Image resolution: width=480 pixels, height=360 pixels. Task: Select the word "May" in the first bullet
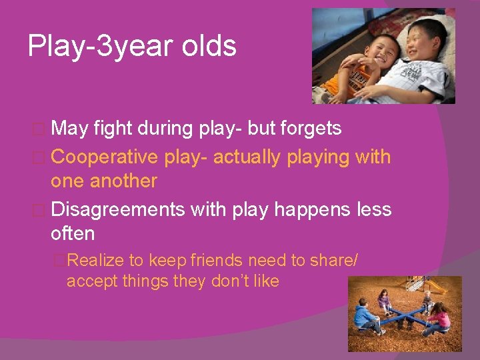(69, 128)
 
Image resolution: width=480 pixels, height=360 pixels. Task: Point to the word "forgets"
(309, 128)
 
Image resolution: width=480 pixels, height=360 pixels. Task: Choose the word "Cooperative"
(104, 157)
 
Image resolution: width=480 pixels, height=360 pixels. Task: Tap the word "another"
(125, 181)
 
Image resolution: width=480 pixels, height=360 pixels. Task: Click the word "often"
(73, 233)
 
